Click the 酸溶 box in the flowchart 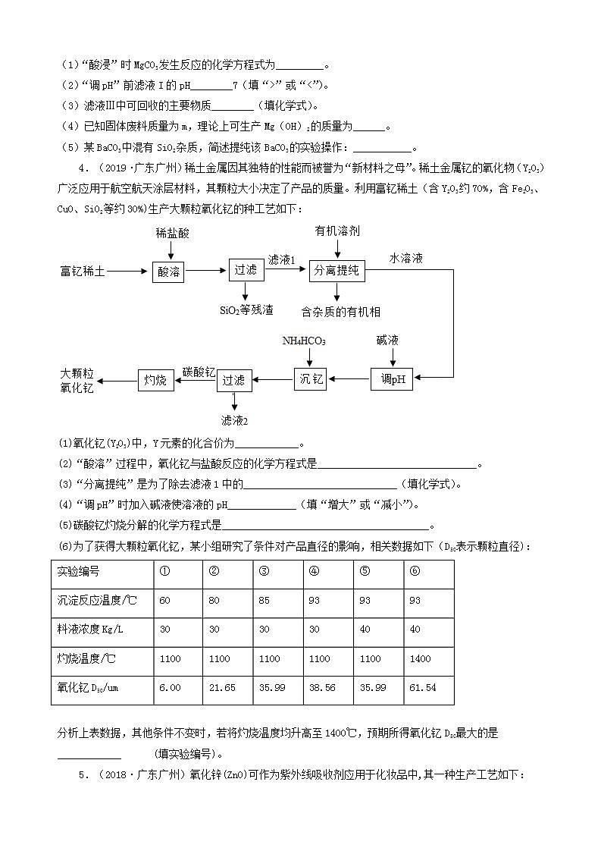[168, 271]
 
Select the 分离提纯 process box [337, 271]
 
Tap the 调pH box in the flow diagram [391, 378]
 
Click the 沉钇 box [310, 378]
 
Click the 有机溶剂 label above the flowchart [336, 229]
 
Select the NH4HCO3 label [304, 341]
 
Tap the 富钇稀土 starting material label [83, 271]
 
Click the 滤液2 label [234, 420]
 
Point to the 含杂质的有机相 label [340, 312]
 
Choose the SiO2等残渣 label [246, 310]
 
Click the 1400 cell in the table [428, 658]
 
